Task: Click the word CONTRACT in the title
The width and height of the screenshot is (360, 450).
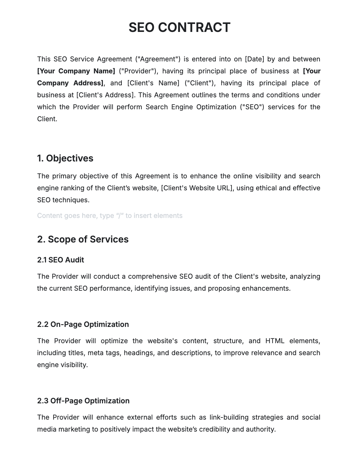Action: coord(194,27)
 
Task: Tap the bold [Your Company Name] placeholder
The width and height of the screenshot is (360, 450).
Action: coord(76,71)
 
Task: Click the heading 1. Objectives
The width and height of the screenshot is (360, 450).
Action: coord(65,158)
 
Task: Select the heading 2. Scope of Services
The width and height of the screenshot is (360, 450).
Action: coord(83,239)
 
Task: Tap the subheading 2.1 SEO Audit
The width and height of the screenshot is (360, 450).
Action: coord(60,260)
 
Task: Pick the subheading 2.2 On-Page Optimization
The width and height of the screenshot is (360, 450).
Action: coord(83,324)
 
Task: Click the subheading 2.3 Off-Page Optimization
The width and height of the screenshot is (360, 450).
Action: coord(83,401)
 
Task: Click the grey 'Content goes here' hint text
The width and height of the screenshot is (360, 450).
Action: coord(109,215)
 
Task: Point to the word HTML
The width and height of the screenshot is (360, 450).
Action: coord(275,341)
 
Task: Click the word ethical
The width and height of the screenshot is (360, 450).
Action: coord(266,188)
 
